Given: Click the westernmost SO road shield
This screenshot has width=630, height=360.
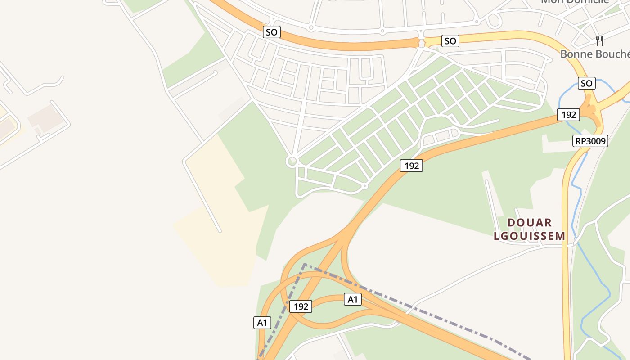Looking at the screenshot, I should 271,32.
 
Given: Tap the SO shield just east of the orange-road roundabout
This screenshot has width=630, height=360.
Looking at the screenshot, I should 450,41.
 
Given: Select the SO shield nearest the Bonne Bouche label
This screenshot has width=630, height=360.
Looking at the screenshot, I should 586,83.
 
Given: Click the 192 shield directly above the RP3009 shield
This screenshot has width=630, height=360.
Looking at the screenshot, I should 568,115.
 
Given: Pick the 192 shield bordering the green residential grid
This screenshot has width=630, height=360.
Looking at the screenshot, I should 411,166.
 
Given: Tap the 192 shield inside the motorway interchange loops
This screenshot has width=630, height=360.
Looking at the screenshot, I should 301,306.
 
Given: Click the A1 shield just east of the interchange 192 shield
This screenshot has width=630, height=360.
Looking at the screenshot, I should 353,299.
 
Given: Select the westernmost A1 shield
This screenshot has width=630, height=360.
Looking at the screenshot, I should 262,322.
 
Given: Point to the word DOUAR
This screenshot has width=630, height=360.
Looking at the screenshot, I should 530,222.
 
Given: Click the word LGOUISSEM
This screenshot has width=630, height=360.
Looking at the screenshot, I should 530,236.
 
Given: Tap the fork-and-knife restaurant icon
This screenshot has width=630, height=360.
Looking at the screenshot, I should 599,41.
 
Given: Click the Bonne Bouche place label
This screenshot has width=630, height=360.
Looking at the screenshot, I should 594,54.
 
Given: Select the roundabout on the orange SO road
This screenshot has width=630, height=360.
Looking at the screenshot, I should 422,43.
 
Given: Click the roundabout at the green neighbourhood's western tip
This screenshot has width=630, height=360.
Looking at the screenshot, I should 292,161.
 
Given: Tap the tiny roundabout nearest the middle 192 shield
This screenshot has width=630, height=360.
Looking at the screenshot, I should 364,185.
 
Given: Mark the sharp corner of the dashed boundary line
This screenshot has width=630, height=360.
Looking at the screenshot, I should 305,264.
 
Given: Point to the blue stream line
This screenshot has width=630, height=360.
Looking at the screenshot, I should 580,198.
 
